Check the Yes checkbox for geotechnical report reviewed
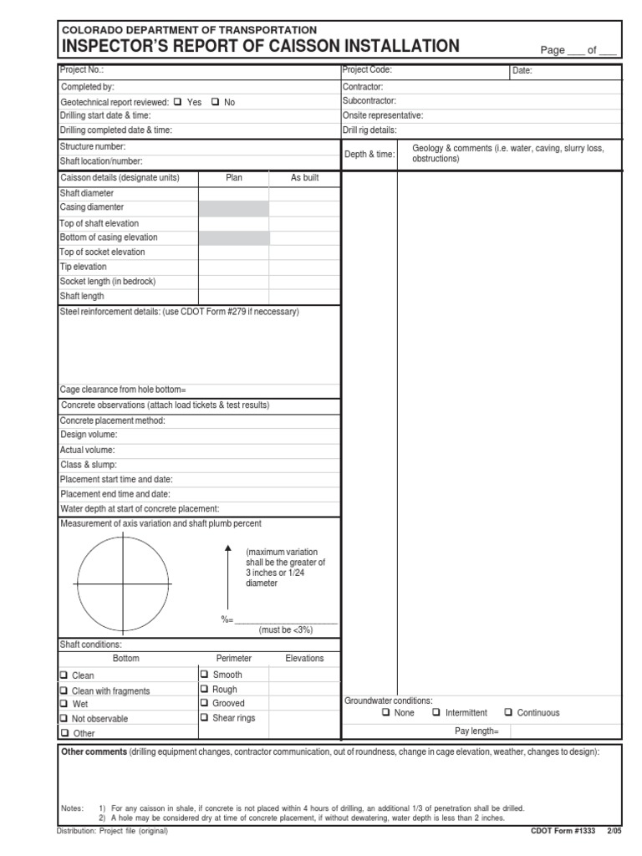pyautogui.click(x=177, y=102)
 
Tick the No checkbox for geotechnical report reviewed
pyautogui.click(x=214, y=102)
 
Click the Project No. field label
pyautogui.click(x=82, y=71)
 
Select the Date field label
pyautogui.click(x=522, y=72)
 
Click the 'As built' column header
pyautogui.click(x=304, y=178)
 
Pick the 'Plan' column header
pyautogui.click(x=234, y=178)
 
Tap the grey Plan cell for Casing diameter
pyautogui.click(x=234, y=208)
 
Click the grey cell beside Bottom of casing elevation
pyautogui.click(x=234, y=238)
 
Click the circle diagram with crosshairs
pyautogui.click(x=123, y=582)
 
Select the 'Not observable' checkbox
pyautogui.click(x=64, y=718)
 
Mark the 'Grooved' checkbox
pyautogui.click(x=204, y=703)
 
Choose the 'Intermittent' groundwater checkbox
pyautogui.click(x=436, y=713)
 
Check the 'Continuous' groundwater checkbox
pyautogui.click(x=508, y=713)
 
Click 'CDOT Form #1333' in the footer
pyautogui.click(x=563, y=831)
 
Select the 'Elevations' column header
pyautogui.click(x=304, y=659)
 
